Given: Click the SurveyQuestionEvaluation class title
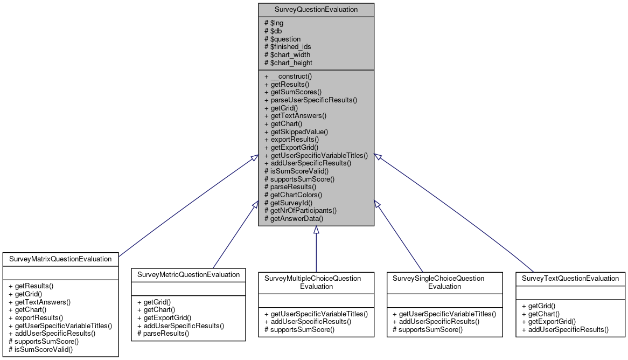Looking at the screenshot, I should [316, 10].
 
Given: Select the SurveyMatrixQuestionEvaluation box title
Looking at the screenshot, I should [60, 259].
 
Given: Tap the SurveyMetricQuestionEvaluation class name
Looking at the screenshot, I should [189, 274].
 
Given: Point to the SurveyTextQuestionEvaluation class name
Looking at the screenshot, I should [570, 278].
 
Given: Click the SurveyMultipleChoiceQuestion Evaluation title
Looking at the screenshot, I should [316, 282].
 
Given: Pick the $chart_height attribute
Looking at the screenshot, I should [288, 63].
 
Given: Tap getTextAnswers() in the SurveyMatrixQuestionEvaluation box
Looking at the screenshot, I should [39, 302].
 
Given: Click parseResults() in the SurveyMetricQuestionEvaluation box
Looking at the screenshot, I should [163, 334].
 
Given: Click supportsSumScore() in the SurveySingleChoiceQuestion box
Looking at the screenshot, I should [427, 329].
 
